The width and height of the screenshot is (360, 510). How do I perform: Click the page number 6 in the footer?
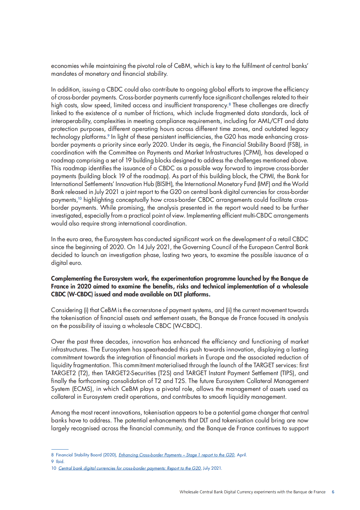[x=333, y=492]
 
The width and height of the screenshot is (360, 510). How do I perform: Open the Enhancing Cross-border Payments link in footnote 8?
[x=176, y=455]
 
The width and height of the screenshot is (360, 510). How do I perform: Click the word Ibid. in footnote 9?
[x=60, y=462]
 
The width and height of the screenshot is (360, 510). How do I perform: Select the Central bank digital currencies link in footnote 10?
[x=129, y=468]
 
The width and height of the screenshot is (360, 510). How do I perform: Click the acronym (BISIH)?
[x=164, y=184]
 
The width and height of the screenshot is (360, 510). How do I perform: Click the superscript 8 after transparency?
[x=230, y=104]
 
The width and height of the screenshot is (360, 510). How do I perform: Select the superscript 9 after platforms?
[x=108, y=135]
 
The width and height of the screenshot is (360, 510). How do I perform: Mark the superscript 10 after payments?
[x=80, y=198]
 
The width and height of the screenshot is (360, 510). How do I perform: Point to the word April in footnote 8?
[x=241, y=455]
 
